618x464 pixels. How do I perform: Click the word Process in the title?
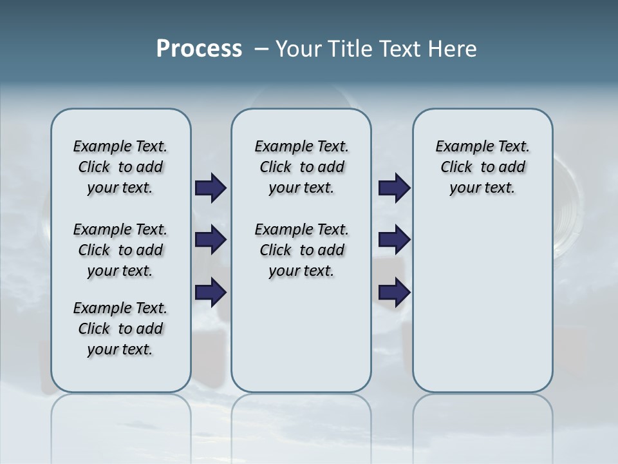click(x=199, y=49)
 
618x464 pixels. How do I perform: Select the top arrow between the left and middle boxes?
click(x=211, y=188)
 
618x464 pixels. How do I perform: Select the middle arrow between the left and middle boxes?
click(x=211, y=240)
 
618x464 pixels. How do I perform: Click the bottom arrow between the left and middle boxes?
click(x=211, y=293)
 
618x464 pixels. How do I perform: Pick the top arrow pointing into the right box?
click(x=394, y=188)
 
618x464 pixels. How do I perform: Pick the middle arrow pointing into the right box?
click(x=394, y=240)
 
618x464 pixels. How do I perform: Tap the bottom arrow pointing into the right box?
click(x=394, y=293)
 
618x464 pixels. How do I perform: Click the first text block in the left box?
click(x=120, y=167)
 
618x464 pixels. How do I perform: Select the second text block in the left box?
click(x=120, y=250)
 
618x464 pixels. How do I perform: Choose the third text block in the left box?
click(x=120, y=329)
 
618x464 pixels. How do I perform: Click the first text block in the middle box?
click(x=301, y=167)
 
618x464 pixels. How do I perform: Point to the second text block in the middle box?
click(x=301, y=250)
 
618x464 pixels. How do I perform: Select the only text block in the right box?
click(x=483, y=167)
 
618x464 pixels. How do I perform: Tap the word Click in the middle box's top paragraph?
click(x=276, y=168)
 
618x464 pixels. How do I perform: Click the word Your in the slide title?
click(x=298, y=49)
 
